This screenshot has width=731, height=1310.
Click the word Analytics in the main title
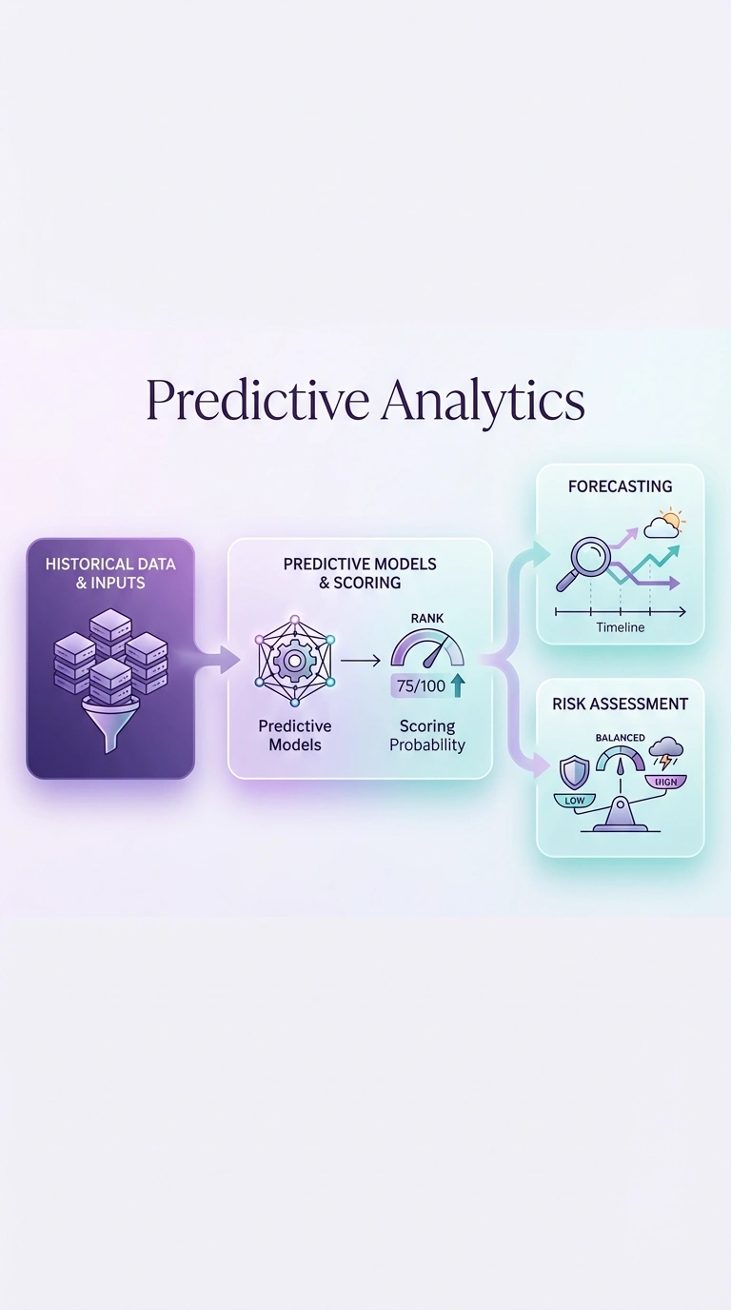[x=483, y=401]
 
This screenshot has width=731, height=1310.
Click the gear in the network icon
[x=294, y=659]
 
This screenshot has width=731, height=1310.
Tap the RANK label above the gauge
[x=427, y=620]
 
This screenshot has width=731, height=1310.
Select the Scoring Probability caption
[x=427, y=736]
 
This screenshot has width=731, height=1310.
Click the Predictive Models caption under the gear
[x=294, y=736]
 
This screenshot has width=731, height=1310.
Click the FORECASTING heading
[x=620, y=486]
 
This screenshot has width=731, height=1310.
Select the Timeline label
[x=620, y=627]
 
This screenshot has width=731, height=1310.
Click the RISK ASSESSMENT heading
[x=620, y=705]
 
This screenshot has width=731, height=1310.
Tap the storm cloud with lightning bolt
[x=663, y=753]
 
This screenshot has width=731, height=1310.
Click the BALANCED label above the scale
[x=620, y=738]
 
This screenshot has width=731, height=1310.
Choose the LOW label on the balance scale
[x=575, y=801]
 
